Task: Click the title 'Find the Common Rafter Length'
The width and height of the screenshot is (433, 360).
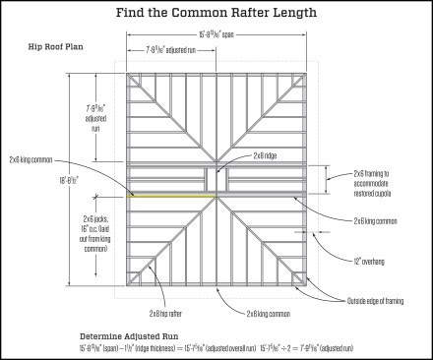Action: [x=216, y=13]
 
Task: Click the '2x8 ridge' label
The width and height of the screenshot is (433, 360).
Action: [x=265, y=155]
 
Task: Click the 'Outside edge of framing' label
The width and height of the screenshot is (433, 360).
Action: [x=381, y=300]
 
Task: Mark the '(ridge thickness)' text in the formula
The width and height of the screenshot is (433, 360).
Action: [x=162, y=348]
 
